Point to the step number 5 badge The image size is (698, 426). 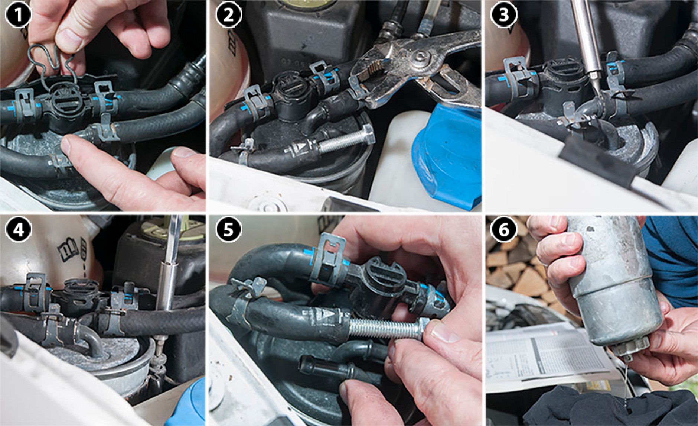click(x=228, y=229)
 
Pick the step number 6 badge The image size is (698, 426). click(x=503, y=229)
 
